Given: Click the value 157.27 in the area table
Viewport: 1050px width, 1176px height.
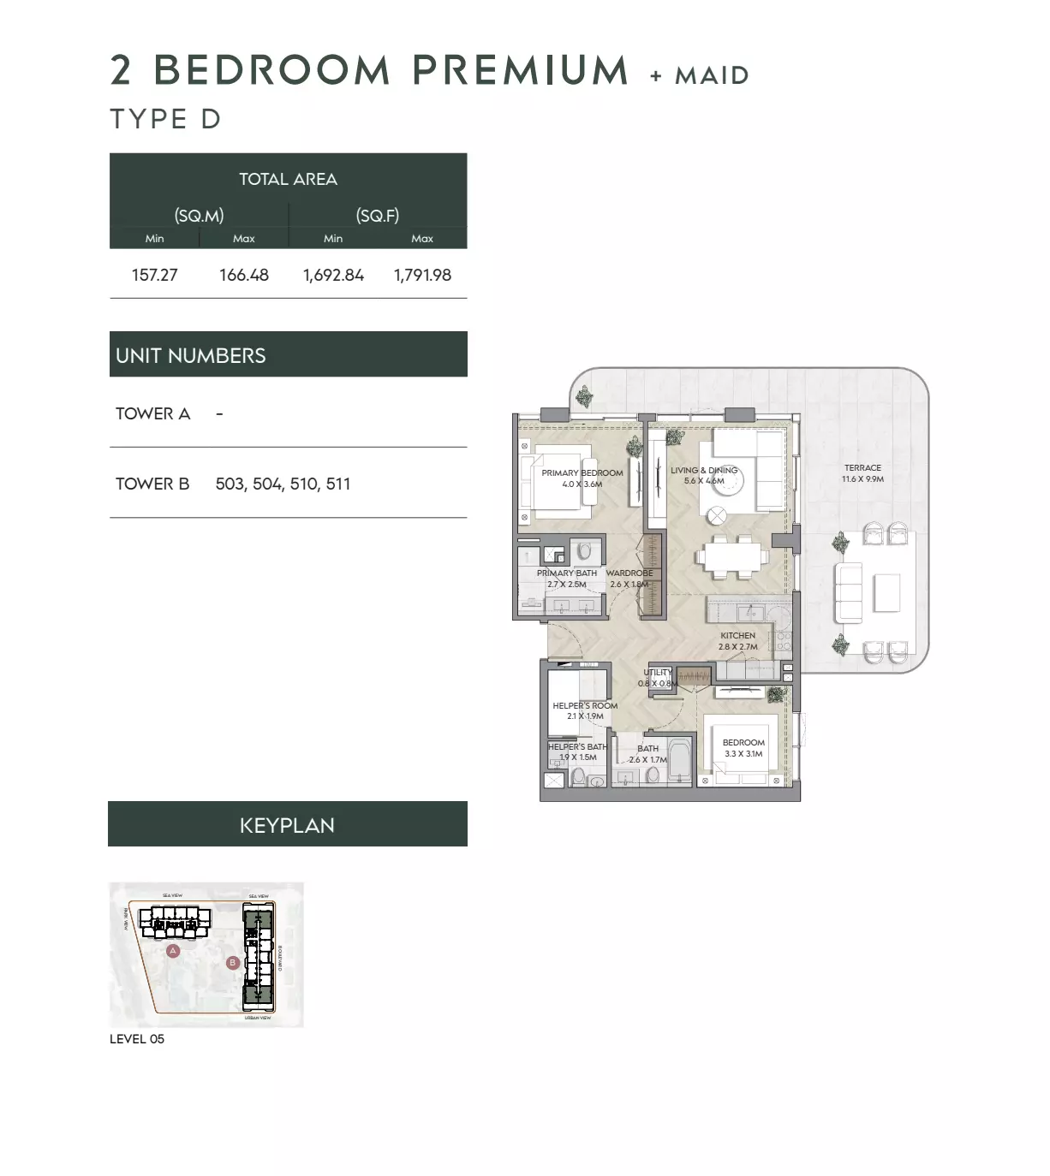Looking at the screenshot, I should click(x=154, y=275).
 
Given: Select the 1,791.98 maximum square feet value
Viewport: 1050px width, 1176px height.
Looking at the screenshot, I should click(x=422, y=275).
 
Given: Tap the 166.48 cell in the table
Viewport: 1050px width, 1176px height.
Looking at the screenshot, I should click(x=244, y=275).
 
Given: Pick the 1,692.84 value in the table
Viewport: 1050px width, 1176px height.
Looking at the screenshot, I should click(x=333, y=275).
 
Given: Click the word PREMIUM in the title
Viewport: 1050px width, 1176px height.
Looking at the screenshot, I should click(x=521, y=70).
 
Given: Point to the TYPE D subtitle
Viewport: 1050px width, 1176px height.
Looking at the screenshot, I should click(x=165, y=119).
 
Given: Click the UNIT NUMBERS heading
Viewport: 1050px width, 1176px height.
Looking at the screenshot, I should click(x=191, y=355).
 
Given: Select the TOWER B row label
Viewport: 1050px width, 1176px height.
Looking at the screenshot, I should click(x=152, y=484).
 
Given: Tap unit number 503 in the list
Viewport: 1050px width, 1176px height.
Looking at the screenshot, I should click(x=230, y=484).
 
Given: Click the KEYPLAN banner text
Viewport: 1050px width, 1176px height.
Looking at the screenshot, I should click(x=287, y=825).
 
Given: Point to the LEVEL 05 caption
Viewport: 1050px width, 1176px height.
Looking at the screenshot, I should click(x=137, y=1039).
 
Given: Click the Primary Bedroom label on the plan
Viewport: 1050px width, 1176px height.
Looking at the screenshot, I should click(x=582, y=472).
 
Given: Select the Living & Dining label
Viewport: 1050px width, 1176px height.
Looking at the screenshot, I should click(x=704, y=470).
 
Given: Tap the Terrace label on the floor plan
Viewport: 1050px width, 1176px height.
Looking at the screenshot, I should click(x=862, y=468).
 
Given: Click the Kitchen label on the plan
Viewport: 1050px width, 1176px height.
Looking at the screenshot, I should click(x=737, y=636).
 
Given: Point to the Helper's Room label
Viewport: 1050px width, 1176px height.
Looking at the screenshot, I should click(x=585, y=706).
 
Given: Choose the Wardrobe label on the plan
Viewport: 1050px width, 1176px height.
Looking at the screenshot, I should click(x=629, y=573).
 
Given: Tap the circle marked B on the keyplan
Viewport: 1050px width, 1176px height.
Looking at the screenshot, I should click(x=232, y=963).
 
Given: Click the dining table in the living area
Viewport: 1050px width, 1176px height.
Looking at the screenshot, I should click(x=731, y=557).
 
